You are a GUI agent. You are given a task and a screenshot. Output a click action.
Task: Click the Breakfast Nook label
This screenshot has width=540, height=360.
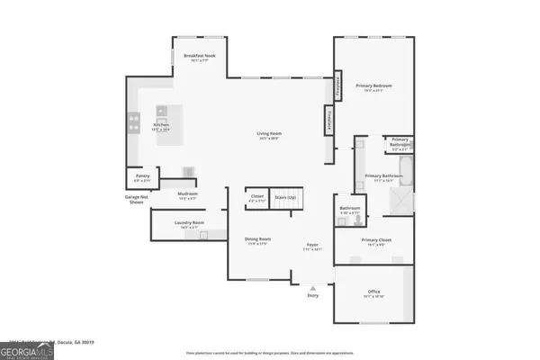point(199,57)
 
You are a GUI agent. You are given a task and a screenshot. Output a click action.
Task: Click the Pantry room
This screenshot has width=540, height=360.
point(141,179)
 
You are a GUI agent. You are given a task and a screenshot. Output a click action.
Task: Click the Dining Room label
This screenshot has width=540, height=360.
point(259,241)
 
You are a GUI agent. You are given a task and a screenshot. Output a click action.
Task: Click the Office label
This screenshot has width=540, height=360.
point(373,293)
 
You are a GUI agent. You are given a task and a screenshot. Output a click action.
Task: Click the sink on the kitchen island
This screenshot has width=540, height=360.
point(162,112)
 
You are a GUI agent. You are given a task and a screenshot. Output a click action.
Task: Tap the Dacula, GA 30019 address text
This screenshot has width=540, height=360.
point(90,342)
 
